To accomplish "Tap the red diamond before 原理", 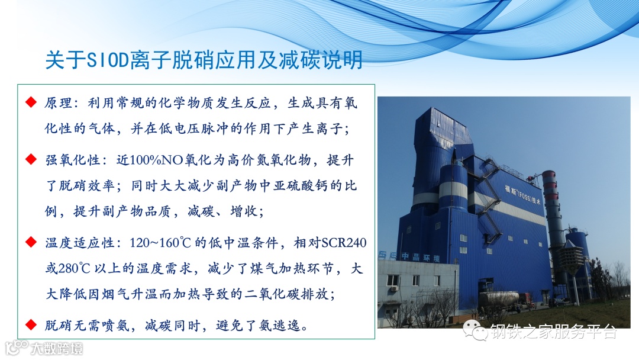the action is pyautogui.click(x=31, y=102).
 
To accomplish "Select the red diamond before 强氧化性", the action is pyautogui.click(x=31, y=159).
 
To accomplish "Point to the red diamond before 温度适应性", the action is pyautogui.click(x=31, y=242).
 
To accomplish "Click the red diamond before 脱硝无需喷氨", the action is pyautogui.click(x=31, y=325).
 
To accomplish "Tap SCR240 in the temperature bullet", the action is pyautogui.click(x=344, y=243).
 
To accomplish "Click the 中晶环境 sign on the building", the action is pyautogui.click(x=420, y=257).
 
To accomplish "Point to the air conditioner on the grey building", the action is pyautogui.click(x=394, y=288).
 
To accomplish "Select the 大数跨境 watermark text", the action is pyautogui.click(x=57, y=349).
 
